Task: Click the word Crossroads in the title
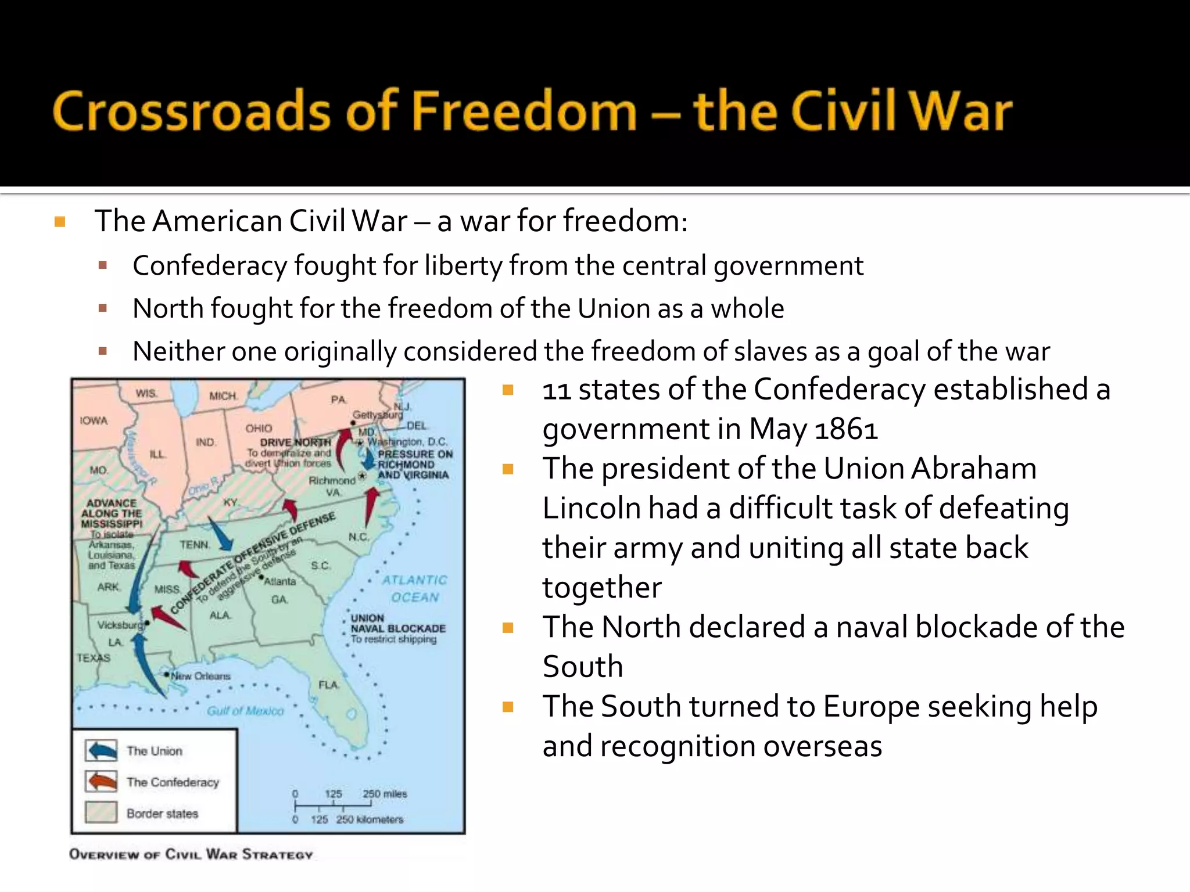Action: point(192,111)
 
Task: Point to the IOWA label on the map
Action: point(94,420)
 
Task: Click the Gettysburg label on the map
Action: point(378,415)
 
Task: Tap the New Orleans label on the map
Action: point(200,676)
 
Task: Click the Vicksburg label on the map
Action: point(120,625)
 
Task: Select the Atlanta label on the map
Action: point(280,581)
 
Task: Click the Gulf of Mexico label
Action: point(245,711)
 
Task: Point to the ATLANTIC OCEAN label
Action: point(414,588)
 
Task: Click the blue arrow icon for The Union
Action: point(101,750)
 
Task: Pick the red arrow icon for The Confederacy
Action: point(101,782)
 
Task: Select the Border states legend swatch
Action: point(101,812)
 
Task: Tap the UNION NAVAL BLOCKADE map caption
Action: point(397,628)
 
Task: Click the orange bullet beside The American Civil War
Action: point(60,222)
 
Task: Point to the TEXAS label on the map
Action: point(94,658)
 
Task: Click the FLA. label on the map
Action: point(328,685)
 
